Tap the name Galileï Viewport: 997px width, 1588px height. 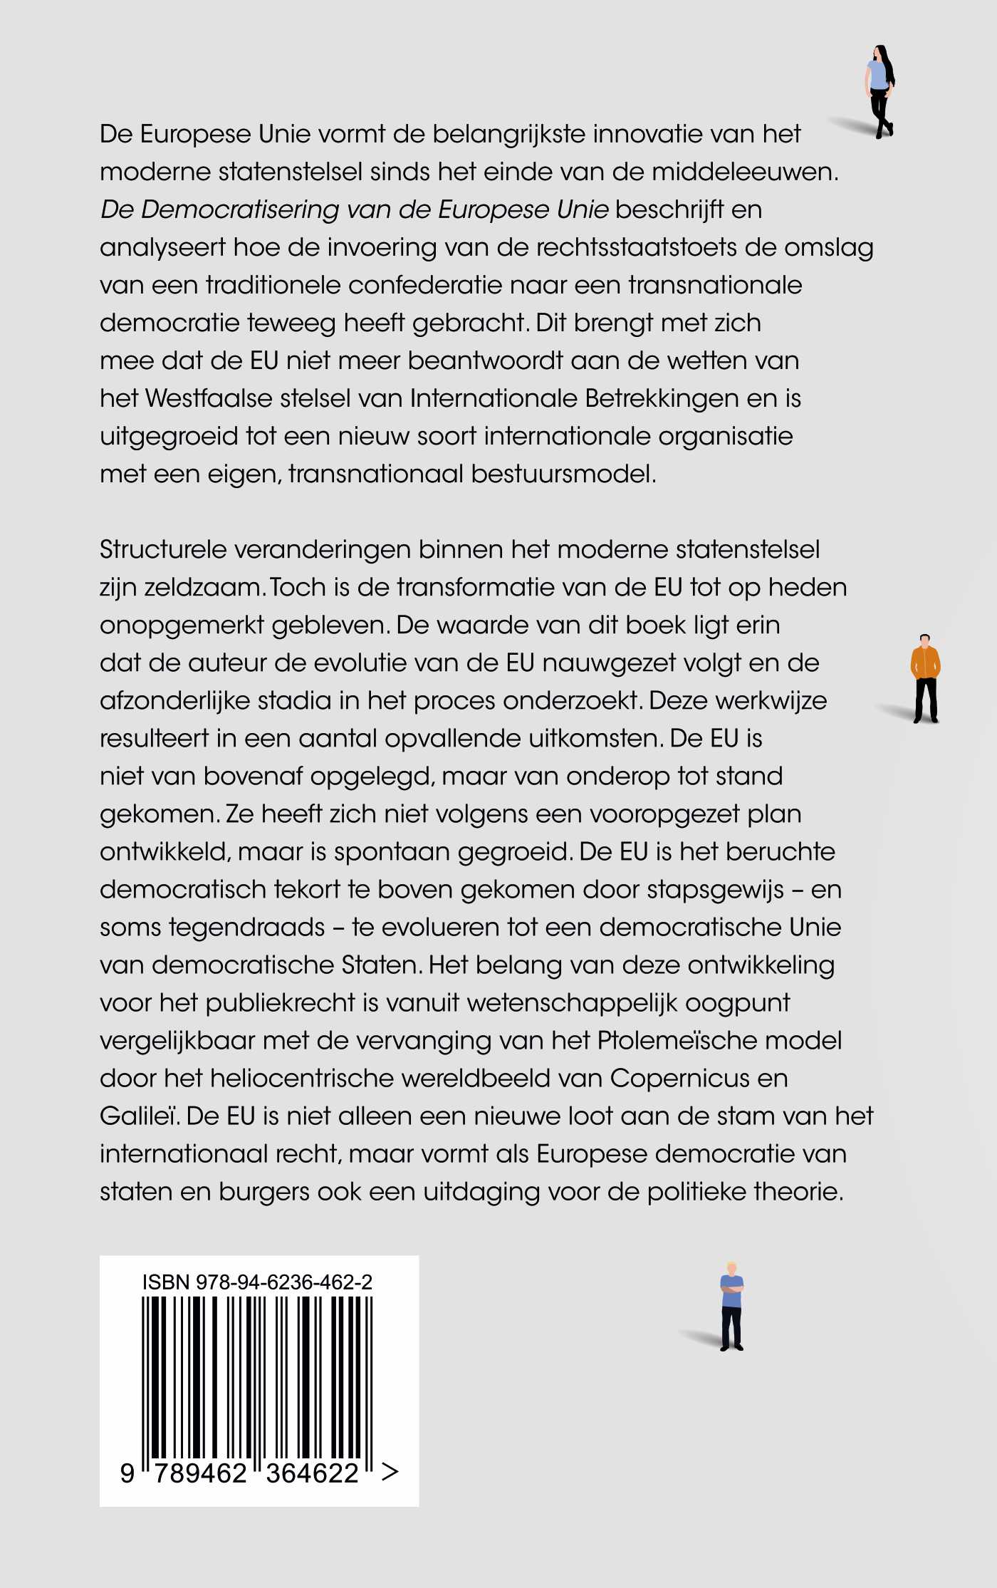pos(139,1116)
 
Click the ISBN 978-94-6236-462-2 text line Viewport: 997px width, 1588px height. pos(257,1282)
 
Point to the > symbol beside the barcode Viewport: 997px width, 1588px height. pos(390,1472)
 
